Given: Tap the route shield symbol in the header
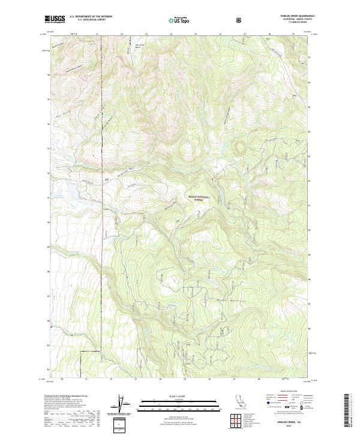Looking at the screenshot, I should tap(239, 20).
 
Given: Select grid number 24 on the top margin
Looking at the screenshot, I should tap(170, 34).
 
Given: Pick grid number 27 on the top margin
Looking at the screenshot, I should tap(244, 34).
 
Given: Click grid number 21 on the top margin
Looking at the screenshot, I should tap(97, 34).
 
